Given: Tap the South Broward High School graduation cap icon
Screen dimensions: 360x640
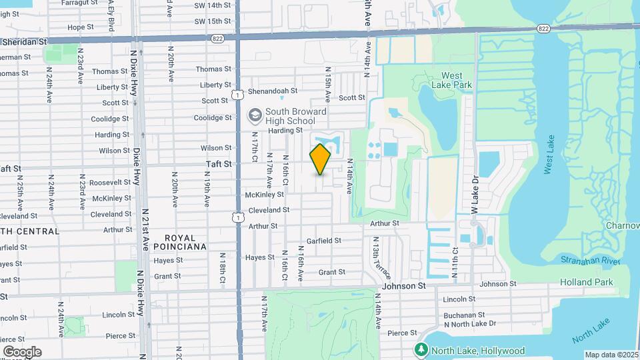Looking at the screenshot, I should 254,116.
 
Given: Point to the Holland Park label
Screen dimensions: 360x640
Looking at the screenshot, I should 586,282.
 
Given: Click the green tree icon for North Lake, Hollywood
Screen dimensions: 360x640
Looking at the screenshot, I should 421,350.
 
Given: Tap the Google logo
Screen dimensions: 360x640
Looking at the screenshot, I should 21,352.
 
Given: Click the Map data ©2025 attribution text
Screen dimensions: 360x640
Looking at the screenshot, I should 612,355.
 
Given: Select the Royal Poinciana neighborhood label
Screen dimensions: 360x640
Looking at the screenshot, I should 181,242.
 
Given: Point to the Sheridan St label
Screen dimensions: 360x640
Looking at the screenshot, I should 25,41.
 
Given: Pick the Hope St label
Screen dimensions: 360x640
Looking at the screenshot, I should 80,27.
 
